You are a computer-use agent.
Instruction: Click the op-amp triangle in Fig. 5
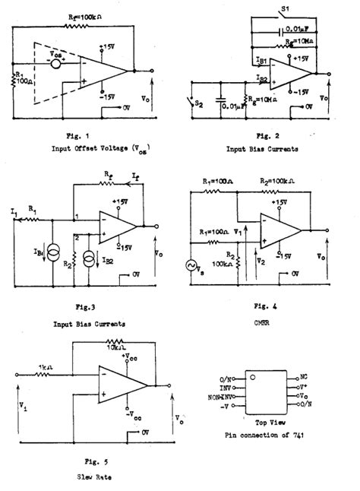point(118,382)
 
